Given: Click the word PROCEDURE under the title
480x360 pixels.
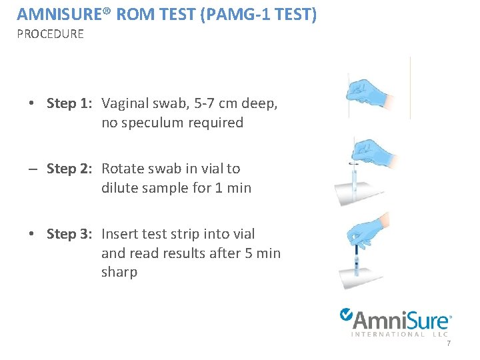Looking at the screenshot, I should tap(50, 34).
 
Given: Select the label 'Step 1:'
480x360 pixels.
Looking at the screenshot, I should tap(69, 103).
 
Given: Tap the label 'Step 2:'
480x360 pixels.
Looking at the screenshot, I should tap(69, 169).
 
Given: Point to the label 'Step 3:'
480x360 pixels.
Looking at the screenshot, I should tap(69, 234).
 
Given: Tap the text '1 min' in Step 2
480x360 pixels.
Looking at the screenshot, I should tap(233, 188).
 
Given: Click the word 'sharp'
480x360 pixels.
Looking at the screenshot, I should tap(119, 272).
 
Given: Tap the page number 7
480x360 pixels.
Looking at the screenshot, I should tap(449, 343).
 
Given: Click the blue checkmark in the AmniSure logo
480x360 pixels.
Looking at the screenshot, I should tap(347, 314).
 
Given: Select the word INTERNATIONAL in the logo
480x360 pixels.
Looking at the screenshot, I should tap(387, 334).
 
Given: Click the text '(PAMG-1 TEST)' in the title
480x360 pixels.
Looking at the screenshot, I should tap(257, 14).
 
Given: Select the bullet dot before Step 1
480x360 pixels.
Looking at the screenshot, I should tap(31, 104).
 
